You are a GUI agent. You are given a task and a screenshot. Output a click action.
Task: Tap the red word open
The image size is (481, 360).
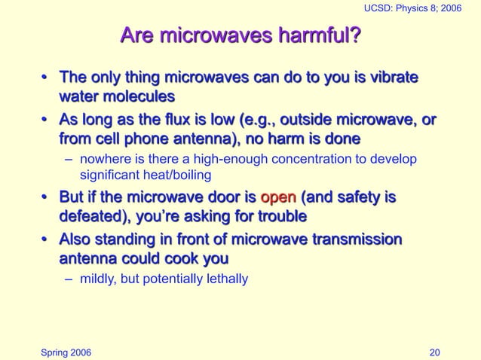tap(278, 199)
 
